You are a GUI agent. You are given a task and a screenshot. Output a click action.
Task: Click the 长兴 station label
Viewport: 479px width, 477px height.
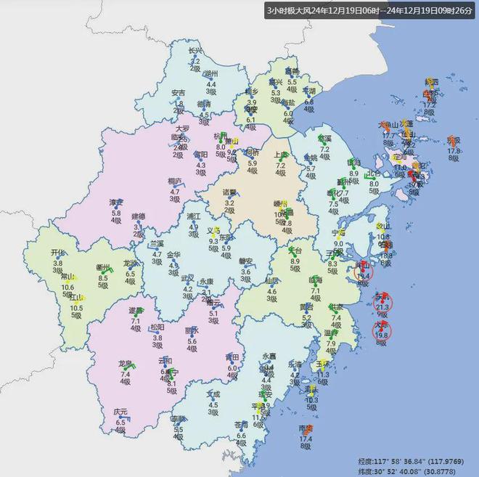tap(194, 52)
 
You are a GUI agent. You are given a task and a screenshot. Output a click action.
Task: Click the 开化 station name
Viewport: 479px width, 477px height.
tap(58, 253)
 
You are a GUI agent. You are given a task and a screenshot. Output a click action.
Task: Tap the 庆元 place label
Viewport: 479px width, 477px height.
tap(120, 412)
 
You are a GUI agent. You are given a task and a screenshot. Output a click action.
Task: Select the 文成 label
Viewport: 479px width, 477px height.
tap(213, 395)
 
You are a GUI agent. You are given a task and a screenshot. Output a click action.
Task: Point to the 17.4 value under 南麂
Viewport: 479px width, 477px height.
tap(306, 439)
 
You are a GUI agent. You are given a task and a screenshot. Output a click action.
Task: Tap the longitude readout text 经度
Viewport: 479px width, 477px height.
tap(368, 460)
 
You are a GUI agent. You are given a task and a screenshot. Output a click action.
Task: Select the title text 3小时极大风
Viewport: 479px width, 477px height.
tap(289, 12)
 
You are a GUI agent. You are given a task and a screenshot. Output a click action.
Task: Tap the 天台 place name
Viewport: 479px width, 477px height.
tap(295, 251)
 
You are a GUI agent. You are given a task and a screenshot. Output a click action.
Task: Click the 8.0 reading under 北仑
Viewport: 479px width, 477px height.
tap(374, 184)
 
